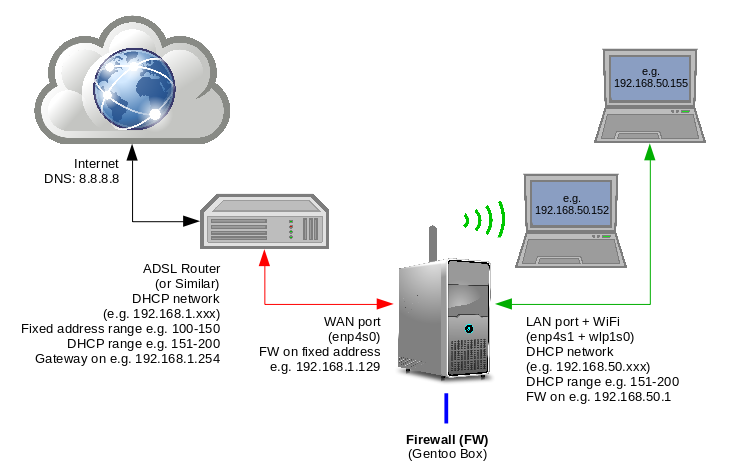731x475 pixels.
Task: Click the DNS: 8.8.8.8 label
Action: tap(82, 179)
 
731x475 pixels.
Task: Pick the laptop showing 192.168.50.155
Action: tap(651, 95)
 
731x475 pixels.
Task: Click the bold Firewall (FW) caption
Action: tap(447, 439)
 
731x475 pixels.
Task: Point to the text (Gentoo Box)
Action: tap(447, 454)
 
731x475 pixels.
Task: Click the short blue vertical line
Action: tap(447, 408)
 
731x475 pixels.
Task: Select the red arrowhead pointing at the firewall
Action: tap(386, 302)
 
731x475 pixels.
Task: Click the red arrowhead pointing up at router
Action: tap(263, 257)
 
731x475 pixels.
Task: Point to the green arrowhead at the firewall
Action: tap(503, 302)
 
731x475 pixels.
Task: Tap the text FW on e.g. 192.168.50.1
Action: tap(601, 397)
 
